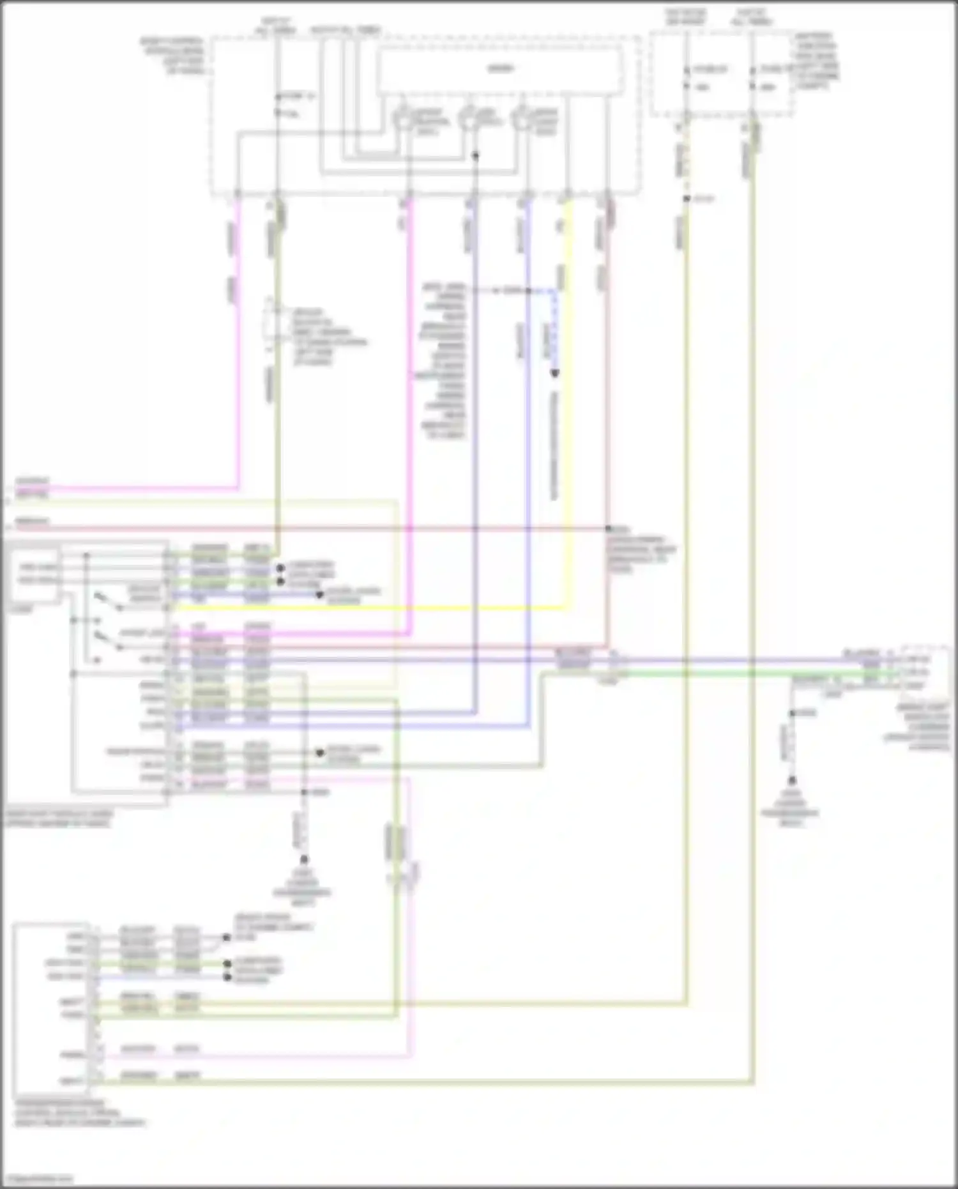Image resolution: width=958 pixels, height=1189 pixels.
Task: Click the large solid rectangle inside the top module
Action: pos(500,70)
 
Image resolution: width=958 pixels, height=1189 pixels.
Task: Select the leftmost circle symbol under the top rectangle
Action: pos(403,119)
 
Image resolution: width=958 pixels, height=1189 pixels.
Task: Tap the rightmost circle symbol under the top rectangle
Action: pos(522,119)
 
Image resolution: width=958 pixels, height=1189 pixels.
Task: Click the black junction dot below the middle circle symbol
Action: pos(475,155)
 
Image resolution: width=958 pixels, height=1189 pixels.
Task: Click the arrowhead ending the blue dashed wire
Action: pos(554,373)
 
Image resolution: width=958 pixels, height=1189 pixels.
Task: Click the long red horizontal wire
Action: pos(319,528)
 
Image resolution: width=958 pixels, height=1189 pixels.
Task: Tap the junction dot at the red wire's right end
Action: pos(609,529)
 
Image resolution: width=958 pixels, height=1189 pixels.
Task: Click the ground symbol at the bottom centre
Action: pos(304,861)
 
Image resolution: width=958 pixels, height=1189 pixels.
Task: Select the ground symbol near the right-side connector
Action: pos(791,781)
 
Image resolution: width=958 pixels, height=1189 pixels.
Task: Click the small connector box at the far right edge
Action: pos(916,671)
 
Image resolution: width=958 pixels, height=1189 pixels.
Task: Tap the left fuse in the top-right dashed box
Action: pos(687,77)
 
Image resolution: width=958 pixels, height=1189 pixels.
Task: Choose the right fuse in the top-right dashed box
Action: pos(753,77)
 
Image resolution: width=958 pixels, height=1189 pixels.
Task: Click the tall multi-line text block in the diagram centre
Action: pos(444,361)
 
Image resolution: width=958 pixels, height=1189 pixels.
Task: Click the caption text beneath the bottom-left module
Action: pos(77,1112)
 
